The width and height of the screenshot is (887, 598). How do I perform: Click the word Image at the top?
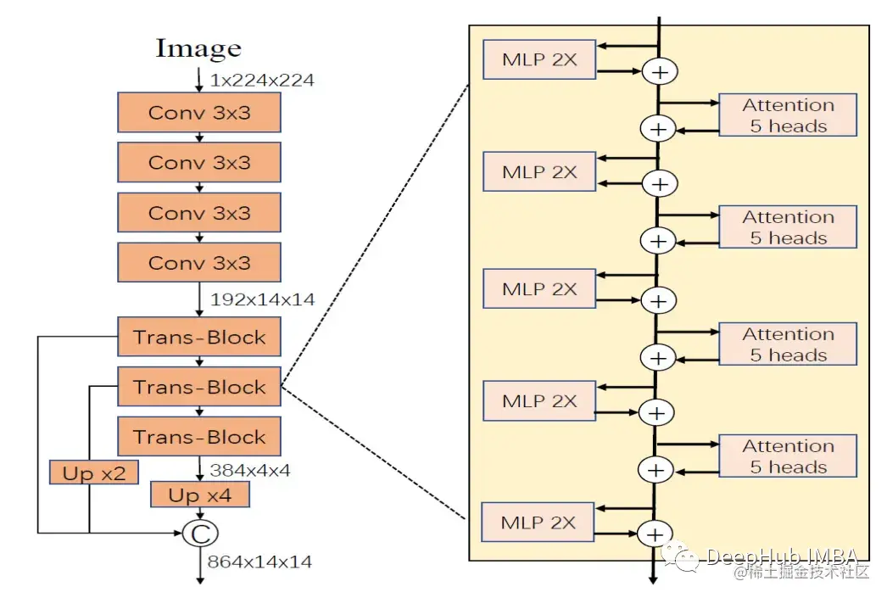click(x=198, y=48)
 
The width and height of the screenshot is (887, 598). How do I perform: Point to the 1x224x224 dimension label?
click(x=262, y=81)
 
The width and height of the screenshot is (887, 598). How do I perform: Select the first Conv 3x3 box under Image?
click(x=199, y=112)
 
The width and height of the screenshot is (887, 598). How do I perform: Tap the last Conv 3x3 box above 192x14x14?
click(x=199, y=263)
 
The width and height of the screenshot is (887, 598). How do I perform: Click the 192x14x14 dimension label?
click(x=262, y=299)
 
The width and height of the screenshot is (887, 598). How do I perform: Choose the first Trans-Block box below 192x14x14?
click(x=199, y=338)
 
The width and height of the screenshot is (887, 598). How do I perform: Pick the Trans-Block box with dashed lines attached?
click(x=199, y=388)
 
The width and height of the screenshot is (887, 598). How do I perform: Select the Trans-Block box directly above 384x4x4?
click(x=199, y=438)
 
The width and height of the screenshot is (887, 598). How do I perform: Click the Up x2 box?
click(x=93, y=473)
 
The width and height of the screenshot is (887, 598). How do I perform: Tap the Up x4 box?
click(x=200, y=495)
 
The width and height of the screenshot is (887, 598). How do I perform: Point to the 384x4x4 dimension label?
click(x=250, y=469)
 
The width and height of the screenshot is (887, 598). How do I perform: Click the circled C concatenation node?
click(x=201, y=533)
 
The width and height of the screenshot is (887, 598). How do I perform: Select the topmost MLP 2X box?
click(x=539, y=59)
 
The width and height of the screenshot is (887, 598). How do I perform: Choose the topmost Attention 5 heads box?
click(x=788, y=115)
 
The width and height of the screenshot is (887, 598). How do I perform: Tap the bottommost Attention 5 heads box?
click(x=788, y=456)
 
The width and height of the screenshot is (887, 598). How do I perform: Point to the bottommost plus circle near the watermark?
click(x=655, y=534)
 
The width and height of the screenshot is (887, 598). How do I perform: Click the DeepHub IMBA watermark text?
click(x=780, y=556)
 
